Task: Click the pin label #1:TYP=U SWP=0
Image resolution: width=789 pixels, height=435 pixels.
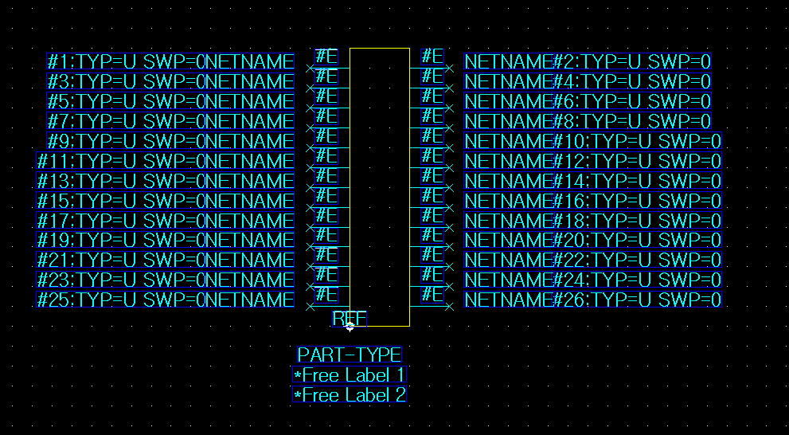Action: point(127,62)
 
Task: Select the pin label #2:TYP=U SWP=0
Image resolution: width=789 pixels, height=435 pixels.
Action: point(632,62)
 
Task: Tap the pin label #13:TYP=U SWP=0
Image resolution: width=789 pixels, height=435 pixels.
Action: point(122,181)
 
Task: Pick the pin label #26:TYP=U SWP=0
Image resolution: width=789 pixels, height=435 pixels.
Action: point(638,300)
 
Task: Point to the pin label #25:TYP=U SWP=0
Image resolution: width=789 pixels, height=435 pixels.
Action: point(122,300)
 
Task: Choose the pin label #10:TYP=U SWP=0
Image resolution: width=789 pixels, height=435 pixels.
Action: point(638,141)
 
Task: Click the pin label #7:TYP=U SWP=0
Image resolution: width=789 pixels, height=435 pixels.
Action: point(127,121)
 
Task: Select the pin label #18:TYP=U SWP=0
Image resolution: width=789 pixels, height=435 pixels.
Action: point(638,221)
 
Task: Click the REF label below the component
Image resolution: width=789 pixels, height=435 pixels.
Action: point(350,319)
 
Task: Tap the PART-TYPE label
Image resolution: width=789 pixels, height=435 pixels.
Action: point(350,355)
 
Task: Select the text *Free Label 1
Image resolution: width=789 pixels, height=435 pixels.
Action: point(350,375)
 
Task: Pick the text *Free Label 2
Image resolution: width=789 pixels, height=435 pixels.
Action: point(350,395)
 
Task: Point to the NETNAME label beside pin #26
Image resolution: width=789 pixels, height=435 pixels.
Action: point(509,300)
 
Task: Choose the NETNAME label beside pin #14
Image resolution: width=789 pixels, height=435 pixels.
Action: point(509,181)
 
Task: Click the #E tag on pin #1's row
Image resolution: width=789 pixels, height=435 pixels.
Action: point(326,56)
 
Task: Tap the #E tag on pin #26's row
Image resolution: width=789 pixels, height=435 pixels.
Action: point(432,294)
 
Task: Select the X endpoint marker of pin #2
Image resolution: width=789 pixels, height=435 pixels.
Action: point(449,69)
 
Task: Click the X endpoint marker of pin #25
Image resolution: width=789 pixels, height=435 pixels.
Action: point(310,306)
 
